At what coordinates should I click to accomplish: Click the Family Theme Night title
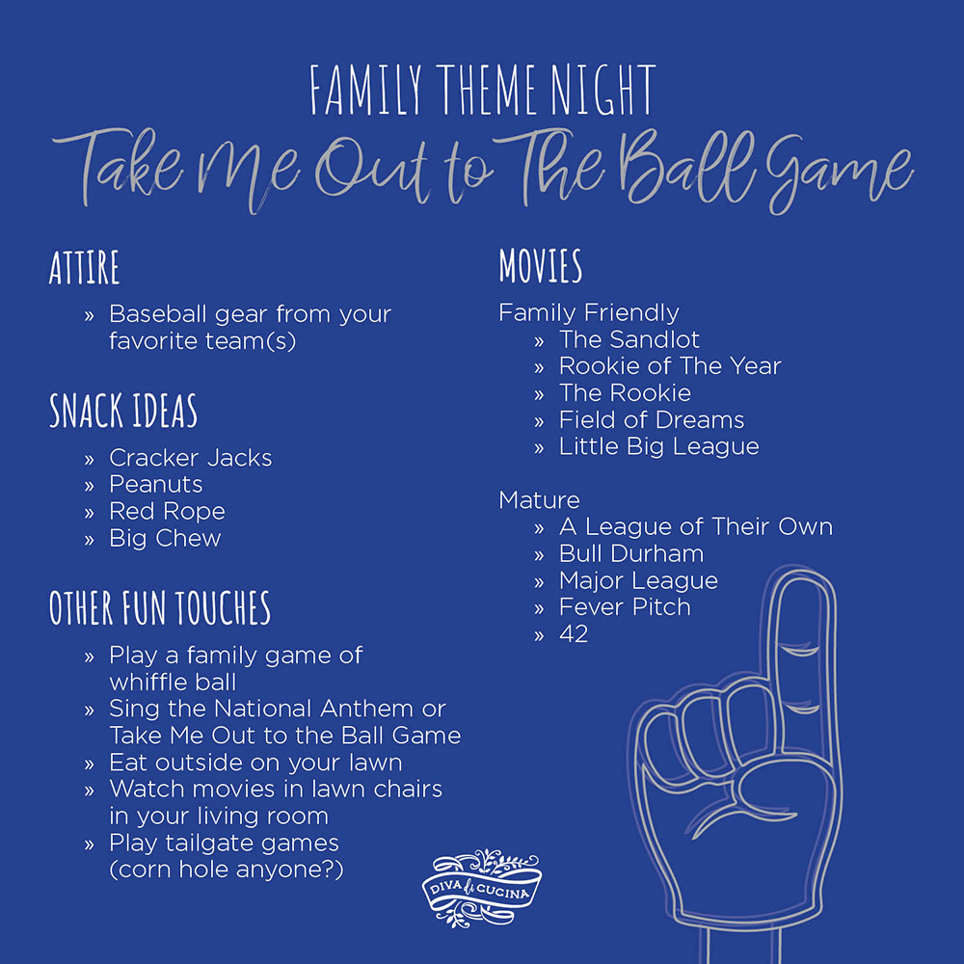(482, 92)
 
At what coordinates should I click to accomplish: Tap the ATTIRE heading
(85, 267)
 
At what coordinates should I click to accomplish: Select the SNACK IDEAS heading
(123, 412)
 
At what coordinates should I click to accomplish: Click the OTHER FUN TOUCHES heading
(160, 608)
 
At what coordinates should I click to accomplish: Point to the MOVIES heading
(540, 266)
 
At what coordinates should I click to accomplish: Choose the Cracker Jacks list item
(190, 458)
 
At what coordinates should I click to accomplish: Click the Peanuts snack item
(156, 484)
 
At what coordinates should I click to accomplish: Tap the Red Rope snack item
(167, 511)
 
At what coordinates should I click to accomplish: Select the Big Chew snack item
(165, 538)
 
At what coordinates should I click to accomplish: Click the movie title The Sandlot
(629, 339)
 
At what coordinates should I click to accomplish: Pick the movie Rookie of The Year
(669, 366)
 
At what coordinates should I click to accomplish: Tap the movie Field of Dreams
(651, 420)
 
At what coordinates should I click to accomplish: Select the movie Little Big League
(658, 447)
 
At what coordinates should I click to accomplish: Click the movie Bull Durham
(630, 554)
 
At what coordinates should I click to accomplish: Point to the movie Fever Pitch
(625, 607)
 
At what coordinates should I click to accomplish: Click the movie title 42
(574, 634)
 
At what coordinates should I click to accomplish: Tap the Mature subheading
(539, 500)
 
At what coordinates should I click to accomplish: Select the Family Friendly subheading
(588, 312)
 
